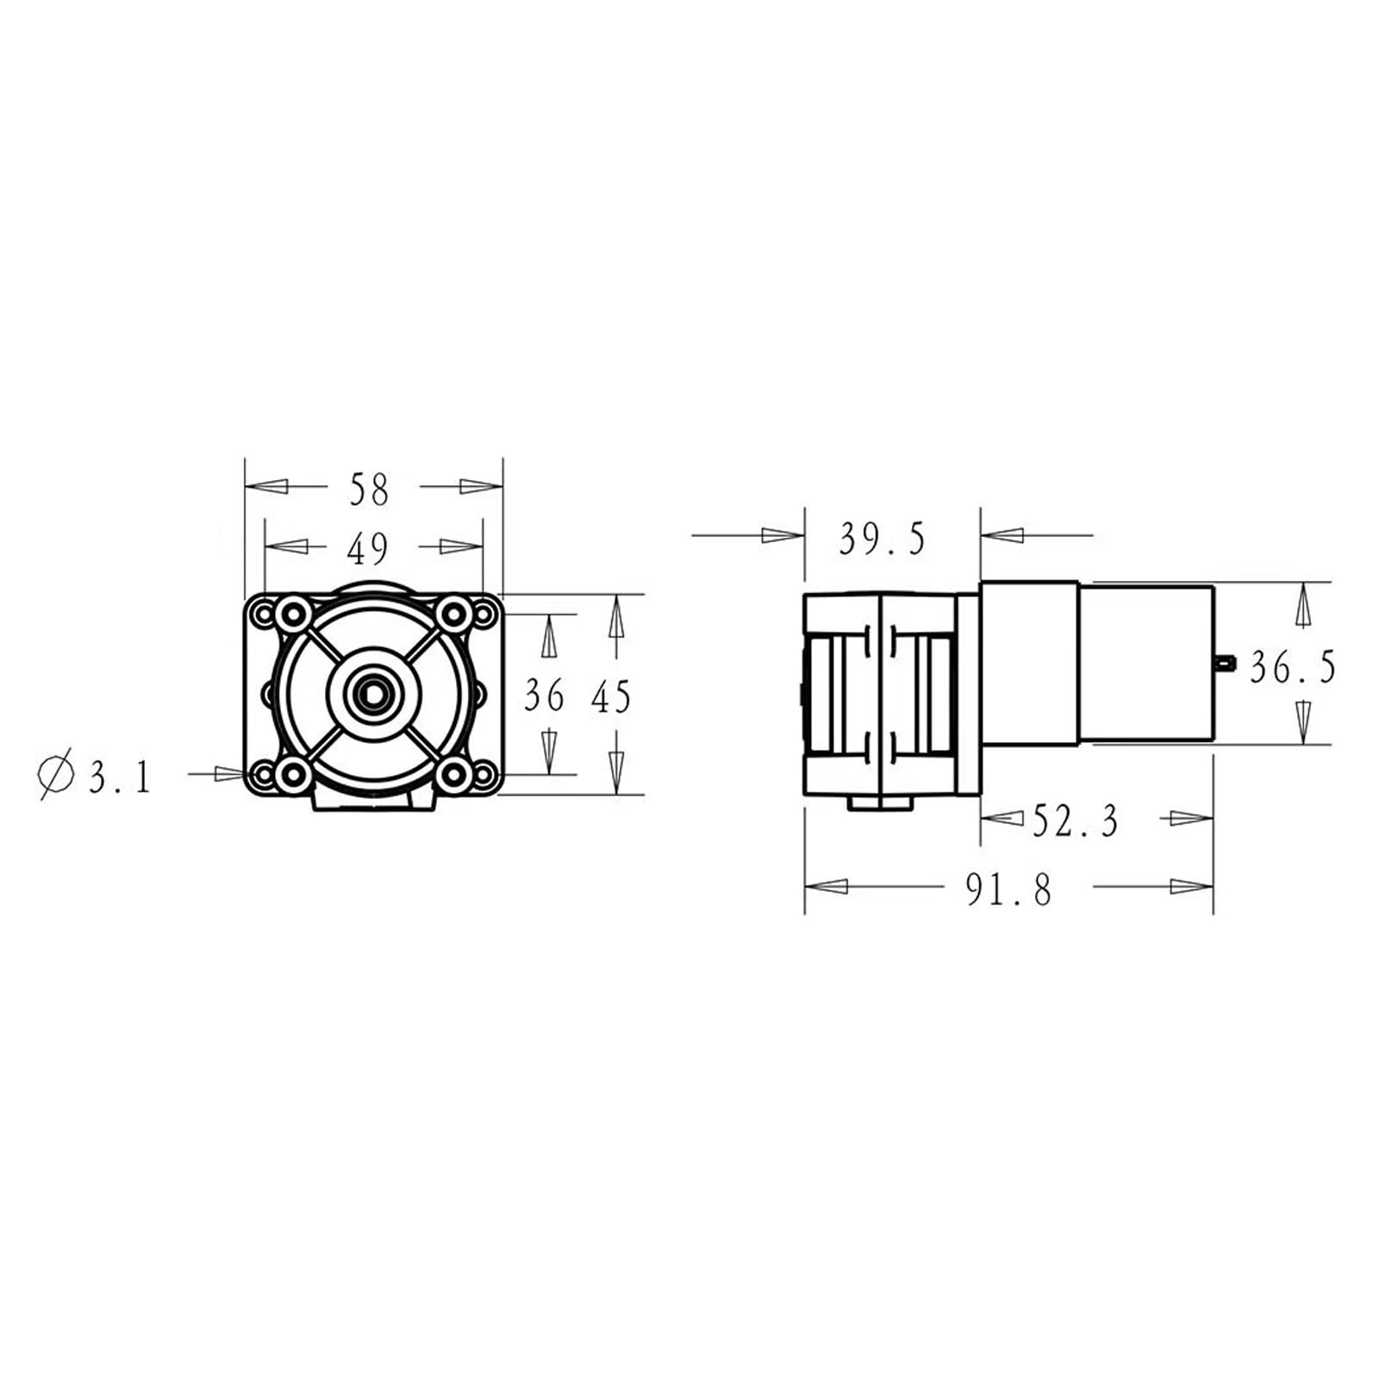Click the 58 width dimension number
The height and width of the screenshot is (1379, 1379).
click(x=369, y=490)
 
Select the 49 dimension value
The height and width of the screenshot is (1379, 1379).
click(x=368, y=548)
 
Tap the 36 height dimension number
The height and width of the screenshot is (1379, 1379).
click(x=545, y=696)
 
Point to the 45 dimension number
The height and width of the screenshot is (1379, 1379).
click(x=611, y=697)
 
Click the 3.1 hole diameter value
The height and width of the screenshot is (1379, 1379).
click(x=120, y=778)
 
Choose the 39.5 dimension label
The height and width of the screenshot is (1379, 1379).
click(x=882, y=540)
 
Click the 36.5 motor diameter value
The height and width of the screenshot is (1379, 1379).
click(x=1292, y=667)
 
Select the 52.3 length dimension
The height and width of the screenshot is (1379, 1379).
click(x=1076, y=821)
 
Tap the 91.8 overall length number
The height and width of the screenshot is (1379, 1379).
click(x=1008, y=889)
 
